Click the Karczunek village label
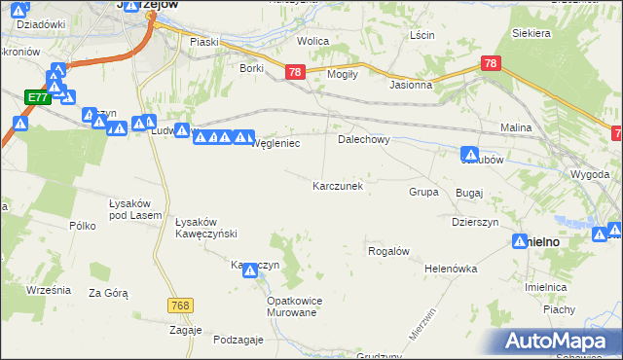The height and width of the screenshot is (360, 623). [338, 185]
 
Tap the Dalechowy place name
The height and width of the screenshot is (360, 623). [363, 139]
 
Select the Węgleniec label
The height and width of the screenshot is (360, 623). [275, 143]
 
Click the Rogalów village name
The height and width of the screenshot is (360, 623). [386, 251]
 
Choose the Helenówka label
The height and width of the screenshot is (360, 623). [449, 269]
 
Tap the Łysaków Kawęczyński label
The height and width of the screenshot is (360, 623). [206, 227]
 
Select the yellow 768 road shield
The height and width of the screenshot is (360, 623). [178, 306]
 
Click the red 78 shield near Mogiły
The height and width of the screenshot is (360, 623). [296, 72]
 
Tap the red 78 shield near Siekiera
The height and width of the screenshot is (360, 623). [492, 63]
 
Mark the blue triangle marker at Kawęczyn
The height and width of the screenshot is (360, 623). [251, 273]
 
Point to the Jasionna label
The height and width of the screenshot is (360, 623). [410, 85]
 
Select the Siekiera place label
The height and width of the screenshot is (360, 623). [531, 32]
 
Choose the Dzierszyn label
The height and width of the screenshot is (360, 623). [475, 222]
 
